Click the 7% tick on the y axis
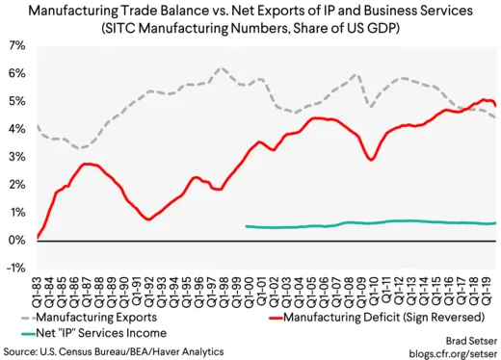17,45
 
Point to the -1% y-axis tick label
16,268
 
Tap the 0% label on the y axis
17,240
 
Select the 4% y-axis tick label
17,128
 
